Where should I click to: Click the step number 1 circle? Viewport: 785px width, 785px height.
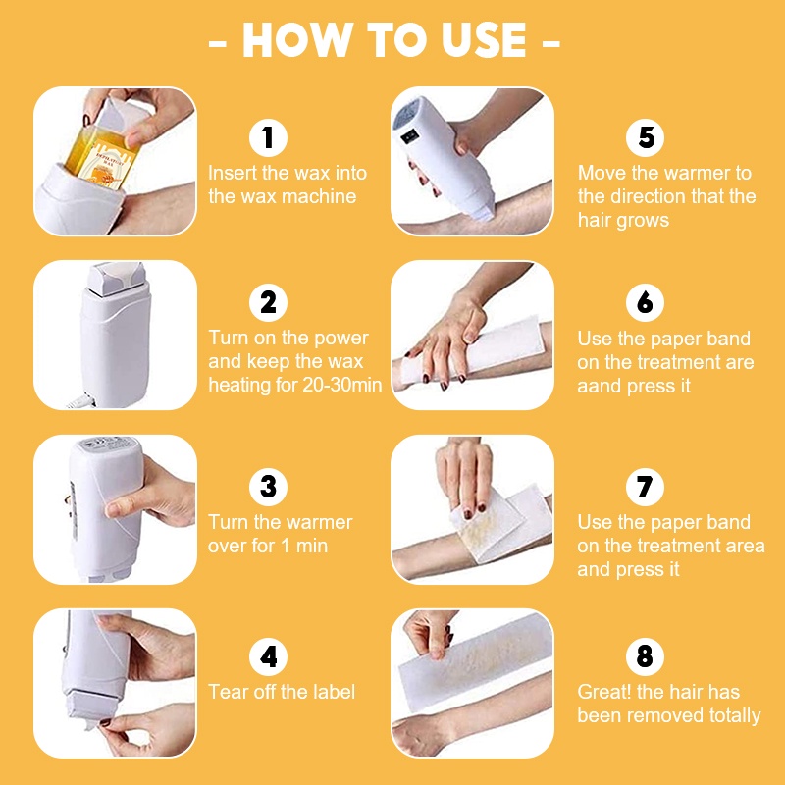pos(268,137)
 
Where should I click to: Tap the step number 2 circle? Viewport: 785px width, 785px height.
pos(268,302)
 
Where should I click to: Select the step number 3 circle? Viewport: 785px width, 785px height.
pos(268,487)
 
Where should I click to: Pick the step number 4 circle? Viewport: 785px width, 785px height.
pos(268,656)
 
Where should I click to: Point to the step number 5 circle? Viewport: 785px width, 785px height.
pos(646,137)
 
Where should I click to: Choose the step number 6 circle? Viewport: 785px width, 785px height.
pos(646,302)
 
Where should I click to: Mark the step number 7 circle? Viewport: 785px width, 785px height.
pos(646,487)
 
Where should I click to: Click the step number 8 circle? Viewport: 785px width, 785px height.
pos(646,656)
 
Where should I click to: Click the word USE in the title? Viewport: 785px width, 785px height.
pos(484,40)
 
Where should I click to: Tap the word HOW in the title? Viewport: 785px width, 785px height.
pos(298,40)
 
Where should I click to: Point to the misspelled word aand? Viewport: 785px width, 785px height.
pos(599,386)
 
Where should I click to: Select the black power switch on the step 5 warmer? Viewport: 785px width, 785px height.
pos(409,136)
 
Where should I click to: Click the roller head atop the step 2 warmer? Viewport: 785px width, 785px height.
pos(117,279)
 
